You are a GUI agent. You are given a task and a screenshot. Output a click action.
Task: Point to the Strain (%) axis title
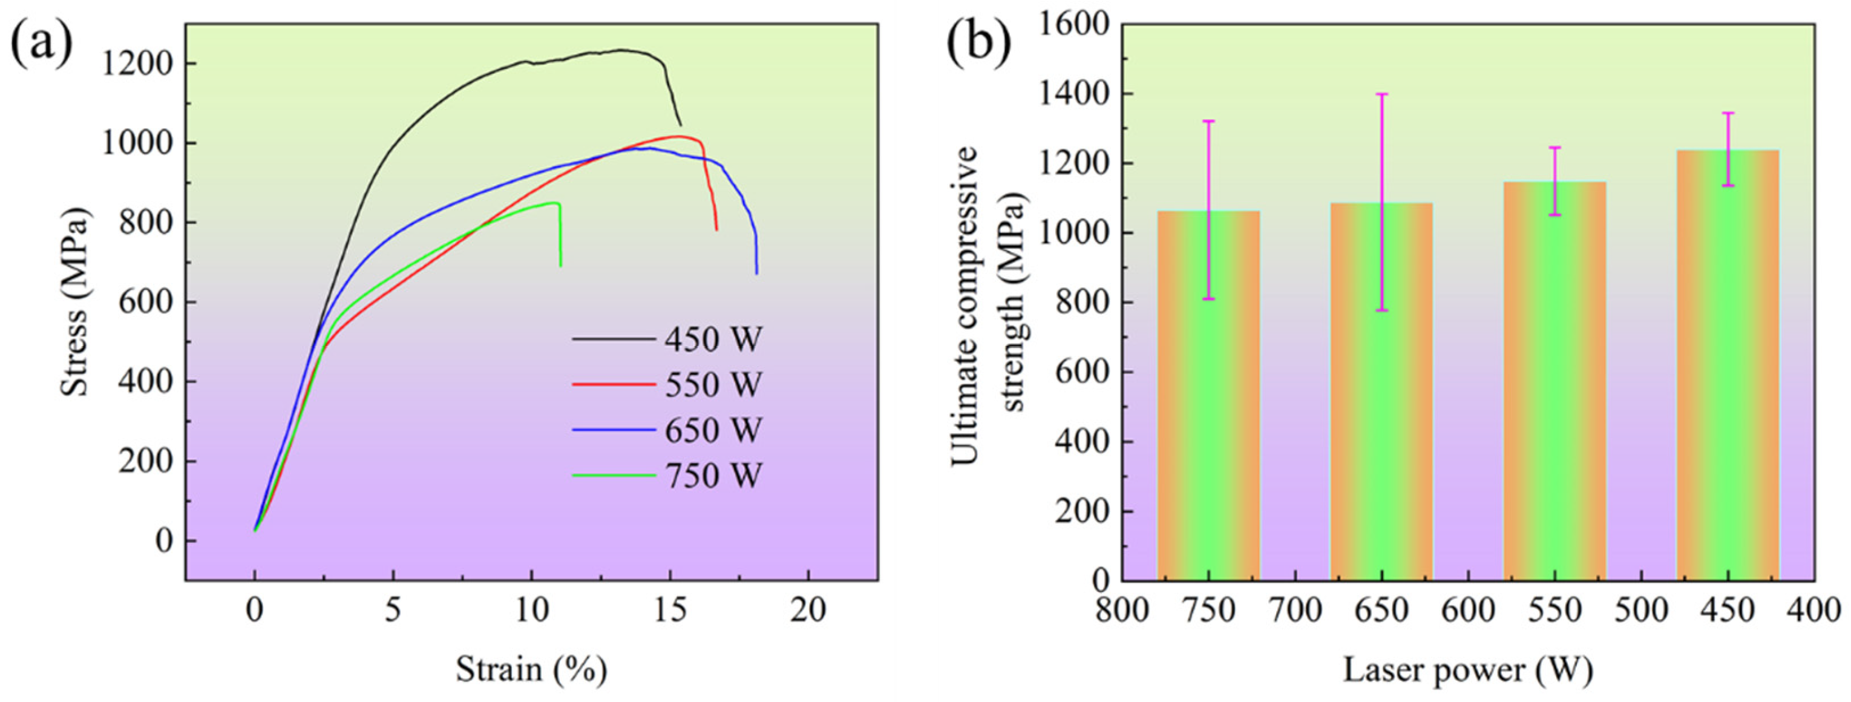pyautogui.click(x=531, y=670)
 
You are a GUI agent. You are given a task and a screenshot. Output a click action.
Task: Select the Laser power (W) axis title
pyautogui.click(x=1467, y=670)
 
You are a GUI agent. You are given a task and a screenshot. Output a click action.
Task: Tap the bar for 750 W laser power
pyautogui.click(x=1208, y=402)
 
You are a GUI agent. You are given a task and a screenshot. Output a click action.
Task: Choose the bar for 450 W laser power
pyautogui.click(x=1728, y=373)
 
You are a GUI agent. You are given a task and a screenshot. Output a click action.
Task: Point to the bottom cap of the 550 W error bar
pyautogui.click(x=1555, y=215)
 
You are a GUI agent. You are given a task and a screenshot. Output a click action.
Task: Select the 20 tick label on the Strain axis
pyautogui.click(x=808, y=611)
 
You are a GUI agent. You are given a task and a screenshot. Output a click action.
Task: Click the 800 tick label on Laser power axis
pyautogui.click(x=1122, y=611)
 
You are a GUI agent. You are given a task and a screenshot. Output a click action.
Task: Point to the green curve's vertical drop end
pyautogui.click(x=560, y=266)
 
